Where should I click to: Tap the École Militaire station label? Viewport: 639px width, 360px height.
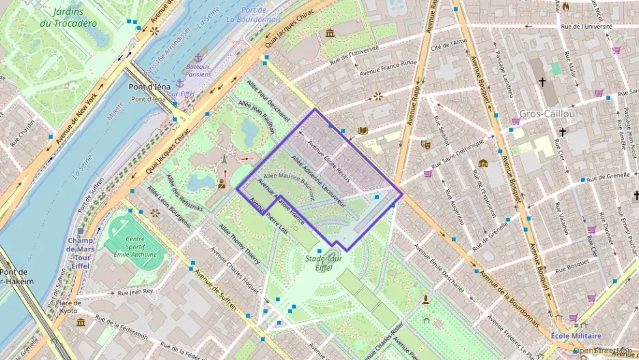pos(577,335)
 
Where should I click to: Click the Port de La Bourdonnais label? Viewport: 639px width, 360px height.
pos(253,14)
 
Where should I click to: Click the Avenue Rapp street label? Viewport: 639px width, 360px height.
pos(412,103)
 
